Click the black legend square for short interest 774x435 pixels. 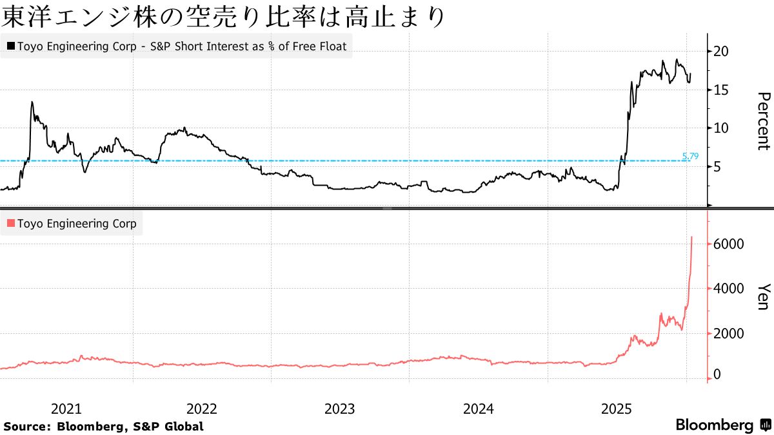(x=10, y=46)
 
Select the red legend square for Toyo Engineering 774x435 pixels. (x=10, y=224)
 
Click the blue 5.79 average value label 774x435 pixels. (x=690, y=156)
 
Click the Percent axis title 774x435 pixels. (x=763, y=121)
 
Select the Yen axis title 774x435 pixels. (x=763, y=296)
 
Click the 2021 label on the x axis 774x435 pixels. (x=66, y=409)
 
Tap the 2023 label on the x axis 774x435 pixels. (x=339, y=409)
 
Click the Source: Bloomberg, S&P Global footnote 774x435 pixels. (x=103, y=426)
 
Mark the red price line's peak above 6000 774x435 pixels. (x=691, y=237)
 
